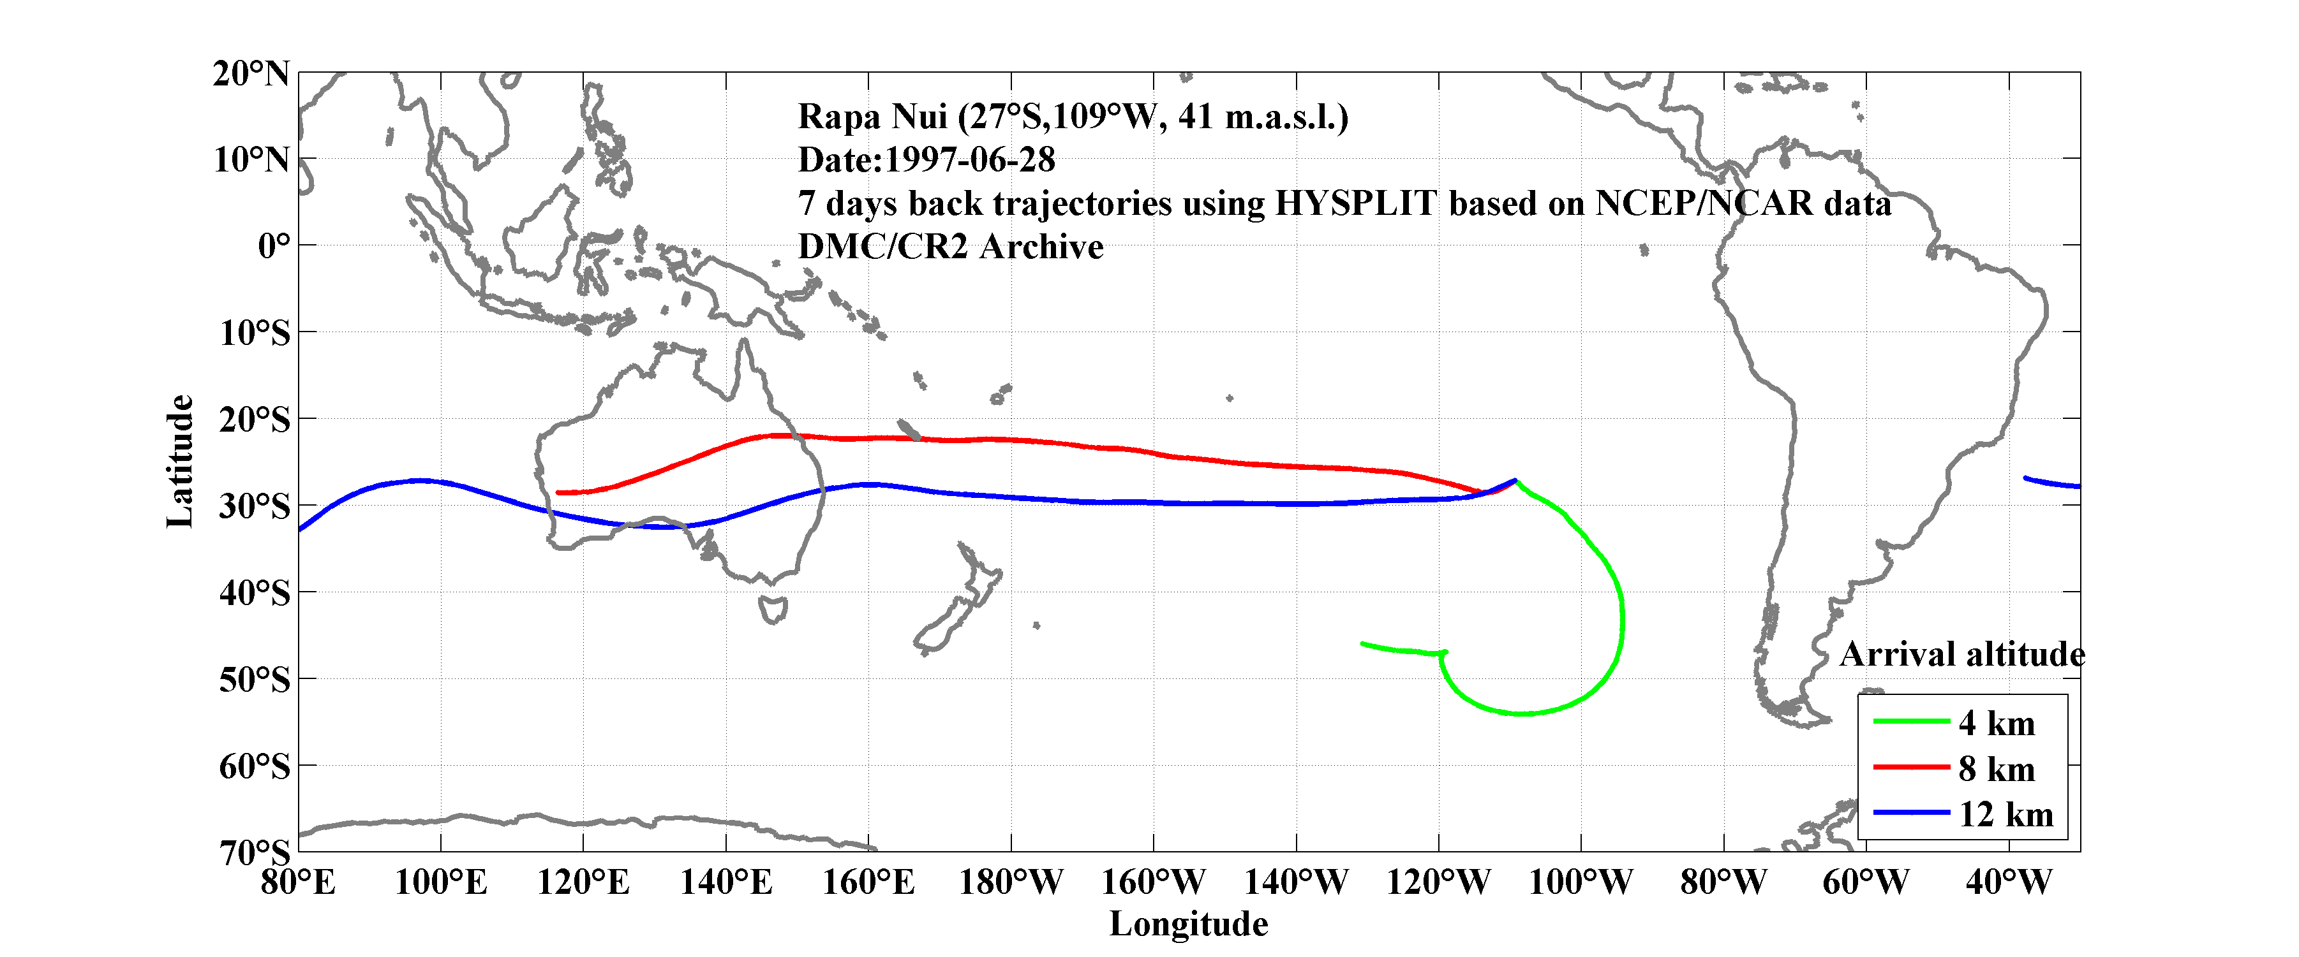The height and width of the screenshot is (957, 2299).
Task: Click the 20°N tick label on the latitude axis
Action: coord(251,73)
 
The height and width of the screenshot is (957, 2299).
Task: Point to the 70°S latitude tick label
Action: coord(255,852)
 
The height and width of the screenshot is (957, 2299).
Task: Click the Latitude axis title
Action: coord(179,461)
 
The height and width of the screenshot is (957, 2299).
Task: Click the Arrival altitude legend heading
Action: coord(1961,655)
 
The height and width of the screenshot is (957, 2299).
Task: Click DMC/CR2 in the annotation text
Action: coord(882,247)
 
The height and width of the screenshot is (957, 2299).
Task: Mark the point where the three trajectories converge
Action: coord(1515,481)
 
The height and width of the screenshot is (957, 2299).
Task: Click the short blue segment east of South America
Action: coord(2052,483)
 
